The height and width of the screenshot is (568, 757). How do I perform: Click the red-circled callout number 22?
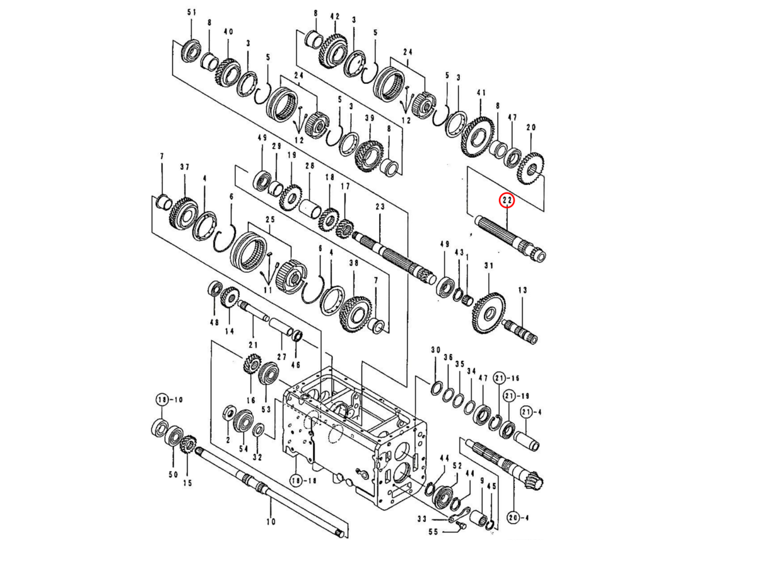[x=507, y=201]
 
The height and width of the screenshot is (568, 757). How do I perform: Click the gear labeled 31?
[x=486, y=312]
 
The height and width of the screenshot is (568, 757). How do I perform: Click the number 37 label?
[x=184, y=167]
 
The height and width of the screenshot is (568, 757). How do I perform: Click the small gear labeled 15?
[x=187, y=446]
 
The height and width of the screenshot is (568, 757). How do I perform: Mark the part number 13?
[x=522, y=290]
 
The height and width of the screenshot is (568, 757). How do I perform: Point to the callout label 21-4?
[x=531, y=412]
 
